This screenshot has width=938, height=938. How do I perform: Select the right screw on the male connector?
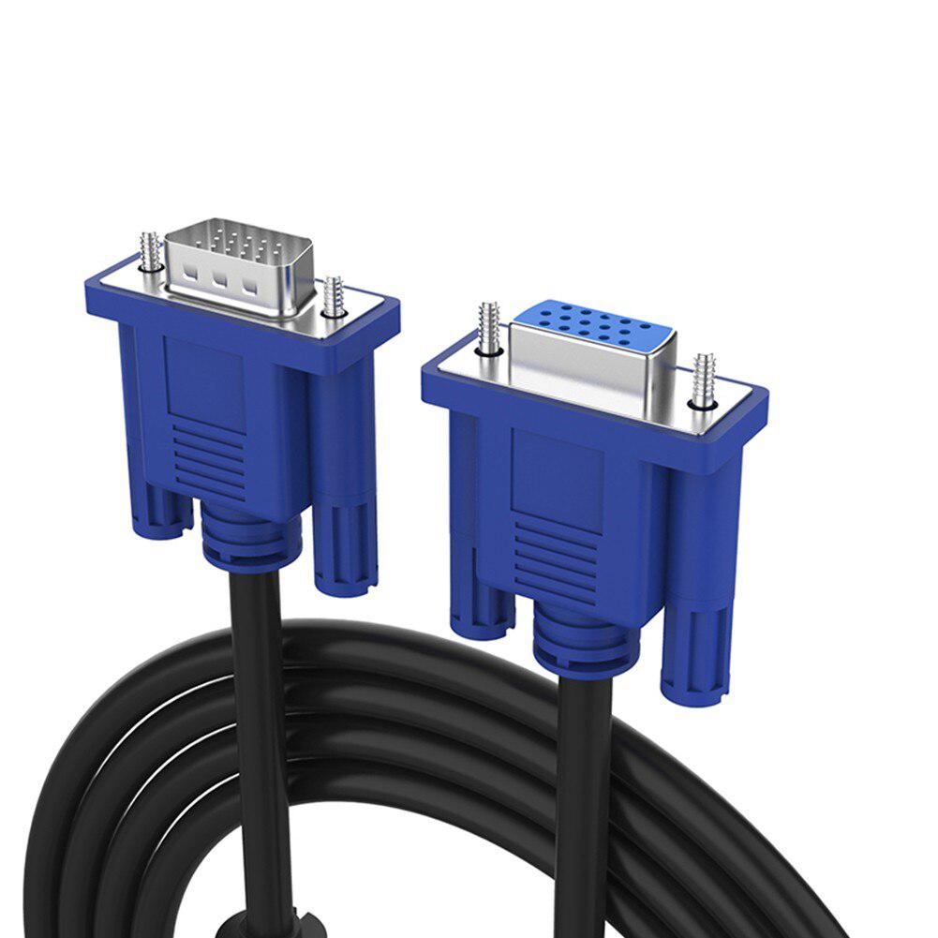[x=331, y=297]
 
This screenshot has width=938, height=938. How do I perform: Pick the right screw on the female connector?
[x=703, y=379]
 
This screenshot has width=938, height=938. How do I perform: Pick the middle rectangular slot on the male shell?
[x=221, y=278]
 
